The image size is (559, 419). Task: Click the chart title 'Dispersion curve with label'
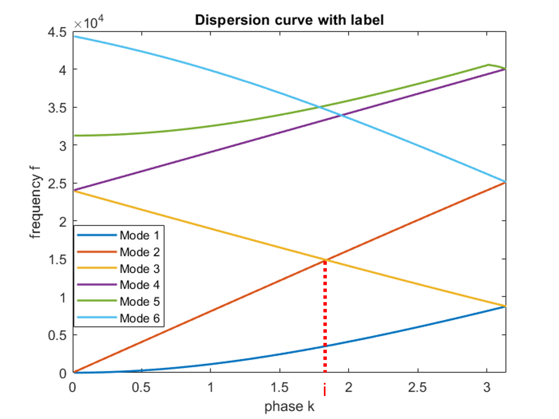289,20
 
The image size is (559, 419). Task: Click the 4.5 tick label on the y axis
57,33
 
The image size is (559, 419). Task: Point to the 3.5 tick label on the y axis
57,108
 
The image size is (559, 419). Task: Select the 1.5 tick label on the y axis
57,260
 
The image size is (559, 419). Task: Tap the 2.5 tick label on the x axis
418,387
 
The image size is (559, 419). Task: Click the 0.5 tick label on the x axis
141,387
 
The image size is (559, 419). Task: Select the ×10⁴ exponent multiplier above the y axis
89,23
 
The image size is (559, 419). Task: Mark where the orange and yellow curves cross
325,259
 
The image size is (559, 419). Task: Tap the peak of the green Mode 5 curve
489,65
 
